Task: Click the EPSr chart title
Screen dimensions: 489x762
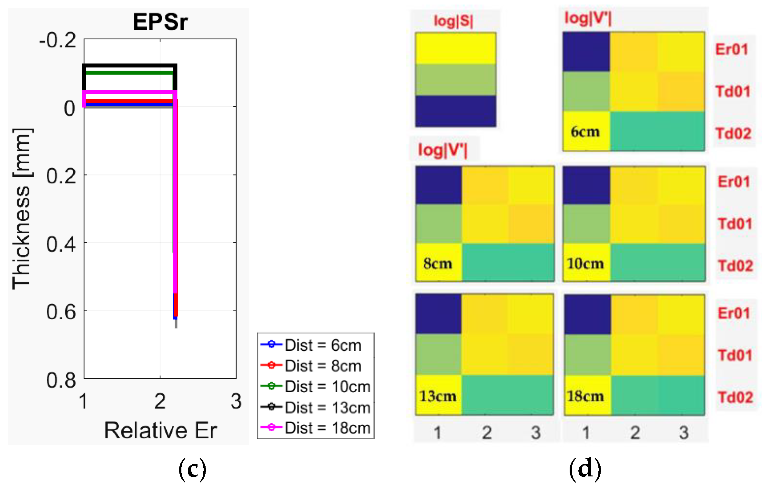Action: click(160, 22)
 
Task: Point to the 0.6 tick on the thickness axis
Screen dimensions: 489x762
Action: click(61, 312)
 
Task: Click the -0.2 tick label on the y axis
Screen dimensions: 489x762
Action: click(58, 41)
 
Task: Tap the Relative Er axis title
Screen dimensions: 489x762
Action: click(160, 430)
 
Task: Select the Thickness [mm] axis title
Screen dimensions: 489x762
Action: click(22, 209)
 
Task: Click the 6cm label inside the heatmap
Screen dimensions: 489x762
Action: click(585, 132)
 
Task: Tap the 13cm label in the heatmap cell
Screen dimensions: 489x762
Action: click(438, 396)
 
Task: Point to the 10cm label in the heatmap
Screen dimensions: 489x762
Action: click(585, 264)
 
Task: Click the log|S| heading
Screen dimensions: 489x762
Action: click(453, 21)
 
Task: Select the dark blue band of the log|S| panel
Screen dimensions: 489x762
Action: click(455, 111)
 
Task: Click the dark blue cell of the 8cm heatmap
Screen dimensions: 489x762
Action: click(438, 185)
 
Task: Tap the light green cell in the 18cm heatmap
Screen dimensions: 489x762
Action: click(587, 355)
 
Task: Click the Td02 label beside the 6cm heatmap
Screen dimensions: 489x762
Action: click(733, 133)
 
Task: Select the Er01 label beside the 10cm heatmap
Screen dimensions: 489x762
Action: click(734, 182)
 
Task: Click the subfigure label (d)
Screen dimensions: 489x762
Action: click(585, 468)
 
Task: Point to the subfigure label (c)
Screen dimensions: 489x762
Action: click(192, 468)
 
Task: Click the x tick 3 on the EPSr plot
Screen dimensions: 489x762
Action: click(236, 401)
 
